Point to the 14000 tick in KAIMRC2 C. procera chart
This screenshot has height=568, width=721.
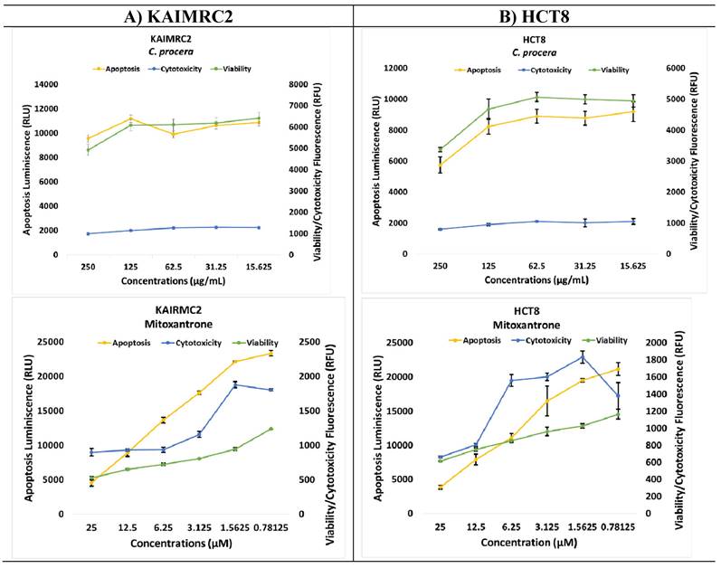[x=46, y=84]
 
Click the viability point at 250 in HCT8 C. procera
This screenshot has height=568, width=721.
[x=441, y=149]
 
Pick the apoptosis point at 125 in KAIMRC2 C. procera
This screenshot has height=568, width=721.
[x=130, y=118]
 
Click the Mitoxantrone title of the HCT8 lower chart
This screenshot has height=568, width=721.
[x=533, y=326]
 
